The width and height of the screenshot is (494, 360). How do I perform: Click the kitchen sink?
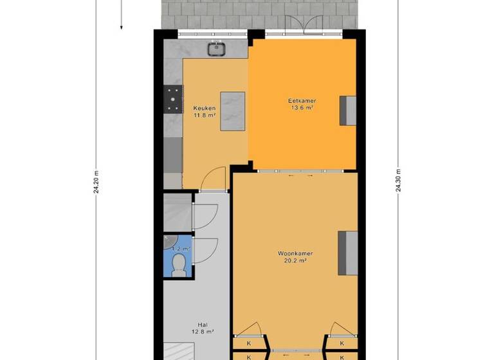pyautogui.click(x=215, y=48)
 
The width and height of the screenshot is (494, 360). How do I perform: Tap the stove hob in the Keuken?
pyautogui.click(x=172, y=99)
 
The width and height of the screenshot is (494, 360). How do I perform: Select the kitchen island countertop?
pyautogui.click(x=233, y=111)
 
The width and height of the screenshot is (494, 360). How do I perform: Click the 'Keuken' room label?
pyautogui.click(x=204, y=107)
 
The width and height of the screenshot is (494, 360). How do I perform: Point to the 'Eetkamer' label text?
pyautogui.click(x=301, y=101)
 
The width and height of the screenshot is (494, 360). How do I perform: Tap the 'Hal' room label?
pyautogui.click(x=204, y=325)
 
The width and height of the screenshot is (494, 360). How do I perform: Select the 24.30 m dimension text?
pyautogui.click(x=398, y=182)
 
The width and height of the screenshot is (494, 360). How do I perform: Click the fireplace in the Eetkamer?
pyautogui.click(x=348, y=110)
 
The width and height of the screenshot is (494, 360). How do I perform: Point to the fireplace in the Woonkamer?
pyautogui.click(x=347, y=253)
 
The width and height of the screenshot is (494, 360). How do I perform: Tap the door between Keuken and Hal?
pyautogui.click(x=214, y=180)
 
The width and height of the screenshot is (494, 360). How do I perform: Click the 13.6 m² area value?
pyautogui.click(x=301, y=108)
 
